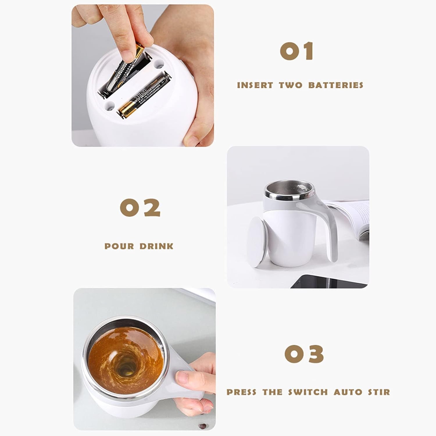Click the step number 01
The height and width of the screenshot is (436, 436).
pyautogui.click(x=297, y=51)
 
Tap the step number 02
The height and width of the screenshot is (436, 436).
pyautogui.click(x=140, y=208)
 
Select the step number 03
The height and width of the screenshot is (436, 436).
pyautogui.click(x=304, y=354)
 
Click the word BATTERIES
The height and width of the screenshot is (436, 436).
pyautogui.click(x=336, y=85)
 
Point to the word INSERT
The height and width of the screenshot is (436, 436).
pyautogui.click(x=255, y=85)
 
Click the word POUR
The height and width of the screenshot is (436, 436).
pyautogui.click(x=119, y=246)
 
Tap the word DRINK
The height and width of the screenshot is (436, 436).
pyautogui.click(x=156, y=246)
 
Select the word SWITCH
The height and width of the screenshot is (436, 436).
pyautogui.click(x=308, y=392)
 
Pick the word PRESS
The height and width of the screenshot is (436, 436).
pyautogui.click(x=242, y=392)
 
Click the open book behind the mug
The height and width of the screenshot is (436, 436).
pyautogui.click(x=353, y=215)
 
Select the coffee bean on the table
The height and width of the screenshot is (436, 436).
pyautogui.click(x=201, y=426)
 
